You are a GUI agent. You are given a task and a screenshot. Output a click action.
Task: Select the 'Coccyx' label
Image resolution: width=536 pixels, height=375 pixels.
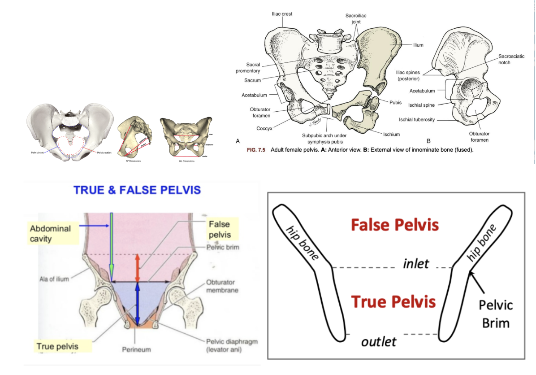[x=265, y=128]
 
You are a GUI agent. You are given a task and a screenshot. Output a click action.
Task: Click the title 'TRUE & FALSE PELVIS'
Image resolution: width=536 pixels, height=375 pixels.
[x=137, y=190]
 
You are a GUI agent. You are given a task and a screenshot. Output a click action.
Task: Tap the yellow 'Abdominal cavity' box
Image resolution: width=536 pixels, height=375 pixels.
[x=51, y=233]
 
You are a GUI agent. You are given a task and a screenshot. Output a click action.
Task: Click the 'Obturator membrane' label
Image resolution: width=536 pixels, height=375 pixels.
[x=222, y=286]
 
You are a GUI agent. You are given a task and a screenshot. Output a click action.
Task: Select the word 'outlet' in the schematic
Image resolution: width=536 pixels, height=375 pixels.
[x=379, y=341]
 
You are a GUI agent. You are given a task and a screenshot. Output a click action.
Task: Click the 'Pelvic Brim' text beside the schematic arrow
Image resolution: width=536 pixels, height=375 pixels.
[x=496, y=314]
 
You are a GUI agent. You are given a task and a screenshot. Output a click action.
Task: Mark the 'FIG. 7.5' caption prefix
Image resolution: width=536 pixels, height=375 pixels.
[x=257, y=150]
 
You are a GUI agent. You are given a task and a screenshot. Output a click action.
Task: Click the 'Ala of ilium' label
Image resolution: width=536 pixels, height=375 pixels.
[x=53, y=279]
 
